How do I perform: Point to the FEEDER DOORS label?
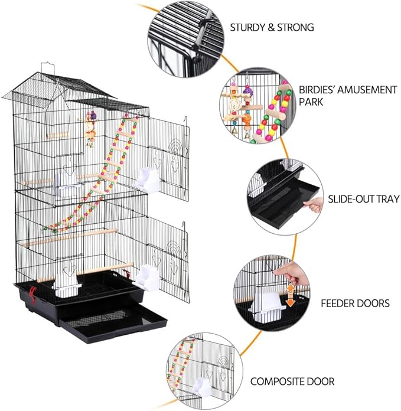(355, 304)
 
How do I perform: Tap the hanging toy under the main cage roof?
(91, 128)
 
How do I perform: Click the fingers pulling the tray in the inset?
(317, 204)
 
